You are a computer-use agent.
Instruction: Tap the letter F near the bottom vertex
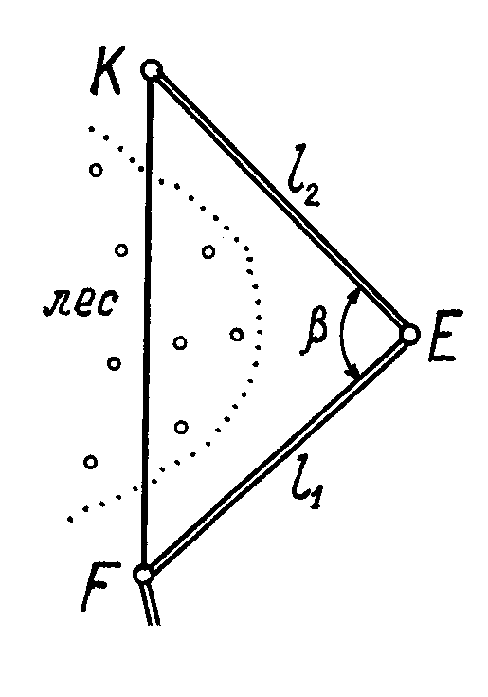pos(99,587)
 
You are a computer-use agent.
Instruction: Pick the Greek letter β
pos(316,331)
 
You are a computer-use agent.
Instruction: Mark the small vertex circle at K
pos(152,70)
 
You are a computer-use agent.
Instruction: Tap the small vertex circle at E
pos(409,334)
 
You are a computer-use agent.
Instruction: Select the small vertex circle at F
pos(143,575)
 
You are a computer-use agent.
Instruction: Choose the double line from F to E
pos(276,454)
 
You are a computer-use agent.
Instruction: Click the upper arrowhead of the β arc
pos(355,294)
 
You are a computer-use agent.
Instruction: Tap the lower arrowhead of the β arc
pos(354,373)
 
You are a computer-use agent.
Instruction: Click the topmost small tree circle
pos(96,170)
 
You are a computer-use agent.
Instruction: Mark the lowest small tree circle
pos(91,463)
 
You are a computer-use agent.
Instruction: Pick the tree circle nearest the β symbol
pos(237,334)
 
